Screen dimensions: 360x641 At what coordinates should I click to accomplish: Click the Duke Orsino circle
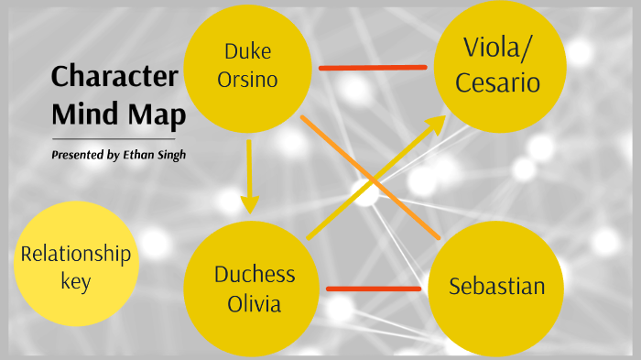click(x=247, y=66)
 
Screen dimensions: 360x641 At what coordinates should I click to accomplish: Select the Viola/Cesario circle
click(x=500, y=66)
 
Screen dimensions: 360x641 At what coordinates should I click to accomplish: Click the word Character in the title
click(x=114, y=77)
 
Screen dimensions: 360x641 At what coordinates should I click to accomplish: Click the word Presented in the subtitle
click(x=79, y=155)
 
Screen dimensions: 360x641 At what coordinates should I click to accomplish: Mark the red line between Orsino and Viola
click(x=373, y=67)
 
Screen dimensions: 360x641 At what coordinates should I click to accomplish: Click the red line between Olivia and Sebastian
click(x=373, y=289)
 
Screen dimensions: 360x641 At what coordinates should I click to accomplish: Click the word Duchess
click(x=255, y=275)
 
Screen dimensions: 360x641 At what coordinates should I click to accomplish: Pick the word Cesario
click(x=500, y=83)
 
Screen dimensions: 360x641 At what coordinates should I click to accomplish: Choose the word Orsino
click(x=246, y=81)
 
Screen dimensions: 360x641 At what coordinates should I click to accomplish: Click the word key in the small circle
click(x=75, y=281)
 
